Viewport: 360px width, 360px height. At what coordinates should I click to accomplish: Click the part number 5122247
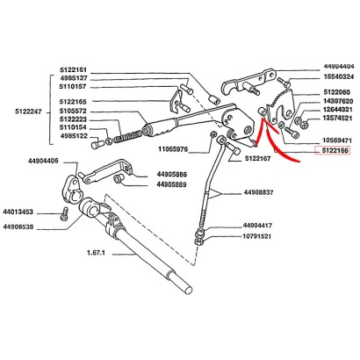[28, 112]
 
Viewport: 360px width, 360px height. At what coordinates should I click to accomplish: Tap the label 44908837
[258, 192]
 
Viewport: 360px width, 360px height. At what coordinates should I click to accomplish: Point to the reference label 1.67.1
[96, 252]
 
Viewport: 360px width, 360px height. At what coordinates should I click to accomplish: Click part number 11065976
[173, 149]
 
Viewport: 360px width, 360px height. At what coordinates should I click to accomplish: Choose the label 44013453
[18, 212]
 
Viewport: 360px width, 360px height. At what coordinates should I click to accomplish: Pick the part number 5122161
[73, 70]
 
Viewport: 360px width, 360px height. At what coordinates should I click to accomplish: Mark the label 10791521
[257, 236]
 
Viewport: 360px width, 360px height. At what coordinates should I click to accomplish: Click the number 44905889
[171, 184]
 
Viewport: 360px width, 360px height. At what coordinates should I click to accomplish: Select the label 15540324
[338, 76]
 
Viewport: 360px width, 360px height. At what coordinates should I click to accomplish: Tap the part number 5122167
[257, 158]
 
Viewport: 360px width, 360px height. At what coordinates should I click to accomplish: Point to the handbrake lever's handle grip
[160, 128]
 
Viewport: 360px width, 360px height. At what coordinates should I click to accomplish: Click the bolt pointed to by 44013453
[64, 213]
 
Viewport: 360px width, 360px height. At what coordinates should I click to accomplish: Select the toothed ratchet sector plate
[282, 106]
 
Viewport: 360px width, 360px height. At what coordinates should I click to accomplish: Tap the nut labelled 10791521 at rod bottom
[199, 241]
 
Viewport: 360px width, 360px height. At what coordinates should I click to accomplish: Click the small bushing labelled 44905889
[118, 178]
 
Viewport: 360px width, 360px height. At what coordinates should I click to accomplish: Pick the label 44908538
[18, 227]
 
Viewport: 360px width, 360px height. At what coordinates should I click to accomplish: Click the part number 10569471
[337, 140]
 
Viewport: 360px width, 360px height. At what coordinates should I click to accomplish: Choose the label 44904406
[43, 161]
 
